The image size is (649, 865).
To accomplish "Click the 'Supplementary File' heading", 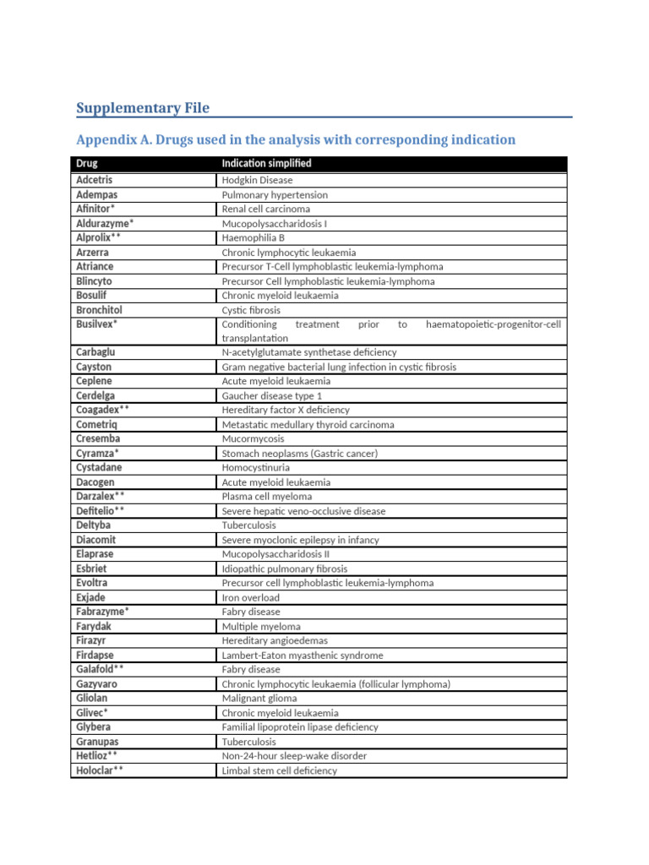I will [143, 108].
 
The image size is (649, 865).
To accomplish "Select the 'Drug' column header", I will [87, 163].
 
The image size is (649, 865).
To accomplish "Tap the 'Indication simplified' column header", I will [266, 163].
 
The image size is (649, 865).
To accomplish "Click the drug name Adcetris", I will [95, 180].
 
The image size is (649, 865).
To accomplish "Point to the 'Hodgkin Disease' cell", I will [257, 181].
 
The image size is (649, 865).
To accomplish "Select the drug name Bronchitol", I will [99, 310].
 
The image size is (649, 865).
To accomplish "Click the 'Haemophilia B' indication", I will [254, 238].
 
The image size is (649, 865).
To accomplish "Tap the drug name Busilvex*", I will [97, 324].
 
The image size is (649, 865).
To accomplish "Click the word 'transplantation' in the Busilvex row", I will [255, 338].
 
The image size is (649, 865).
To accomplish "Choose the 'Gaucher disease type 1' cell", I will [272, 395].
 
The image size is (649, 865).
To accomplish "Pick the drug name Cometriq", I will [96, 424].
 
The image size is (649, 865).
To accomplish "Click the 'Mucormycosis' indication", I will [254, 439].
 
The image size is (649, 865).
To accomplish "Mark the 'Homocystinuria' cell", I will [257, 468].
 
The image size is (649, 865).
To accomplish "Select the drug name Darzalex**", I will [101, 496].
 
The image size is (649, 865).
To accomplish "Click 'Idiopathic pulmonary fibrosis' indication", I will [285, 569].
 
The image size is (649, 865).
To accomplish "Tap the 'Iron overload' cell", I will [251, 597].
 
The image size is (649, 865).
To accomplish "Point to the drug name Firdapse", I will [95, 655].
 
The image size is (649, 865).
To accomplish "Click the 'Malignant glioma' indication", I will [259, 699].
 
